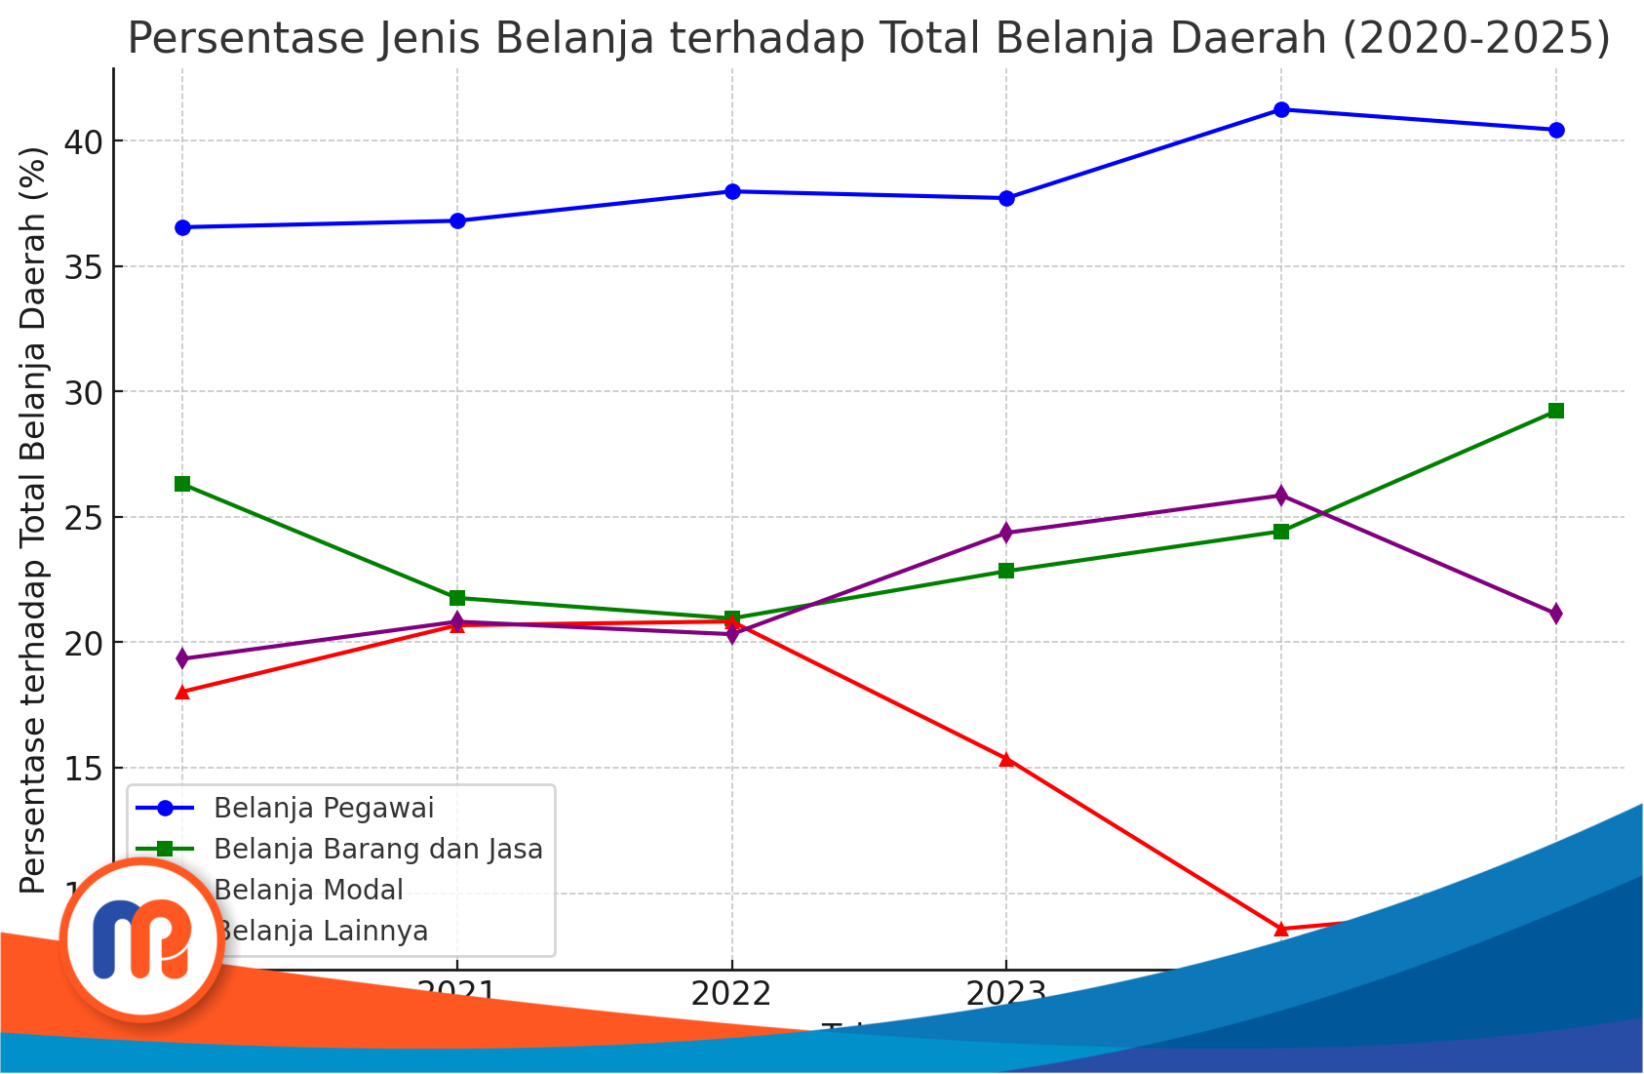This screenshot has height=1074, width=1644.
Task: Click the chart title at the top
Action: (868, 39)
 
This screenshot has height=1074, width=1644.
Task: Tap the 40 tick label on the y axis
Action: (83, 142)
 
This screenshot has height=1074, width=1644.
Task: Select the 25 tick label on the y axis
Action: (83, 518)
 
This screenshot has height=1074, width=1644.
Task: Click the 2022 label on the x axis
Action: (731, 995)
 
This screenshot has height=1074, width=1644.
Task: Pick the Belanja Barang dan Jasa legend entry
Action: (377, 850)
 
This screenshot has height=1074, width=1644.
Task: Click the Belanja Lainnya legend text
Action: (322, 932)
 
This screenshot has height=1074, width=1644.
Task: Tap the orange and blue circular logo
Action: (143, 939)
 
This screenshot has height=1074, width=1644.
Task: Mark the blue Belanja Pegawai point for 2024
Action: (1281, 110)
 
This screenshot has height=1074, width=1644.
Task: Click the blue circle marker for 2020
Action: (182, 228)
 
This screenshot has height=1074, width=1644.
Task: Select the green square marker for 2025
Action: (1556, 411)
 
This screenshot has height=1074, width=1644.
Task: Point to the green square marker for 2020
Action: (182, 485)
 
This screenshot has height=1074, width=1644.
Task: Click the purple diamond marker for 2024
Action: (1281, 496)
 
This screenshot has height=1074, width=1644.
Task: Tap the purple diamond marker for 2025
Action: (1556, 614)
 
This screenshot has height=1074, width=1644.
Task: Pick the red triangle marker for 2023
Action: (1006, 759)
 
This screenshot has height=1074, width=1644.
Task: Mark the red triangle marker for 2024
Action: (1281, 929)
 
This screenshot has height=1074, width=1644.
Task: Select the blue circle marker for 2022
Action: (732, 192)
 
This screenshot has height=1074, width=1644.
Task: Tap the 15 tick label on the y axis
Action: (83, 769)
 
